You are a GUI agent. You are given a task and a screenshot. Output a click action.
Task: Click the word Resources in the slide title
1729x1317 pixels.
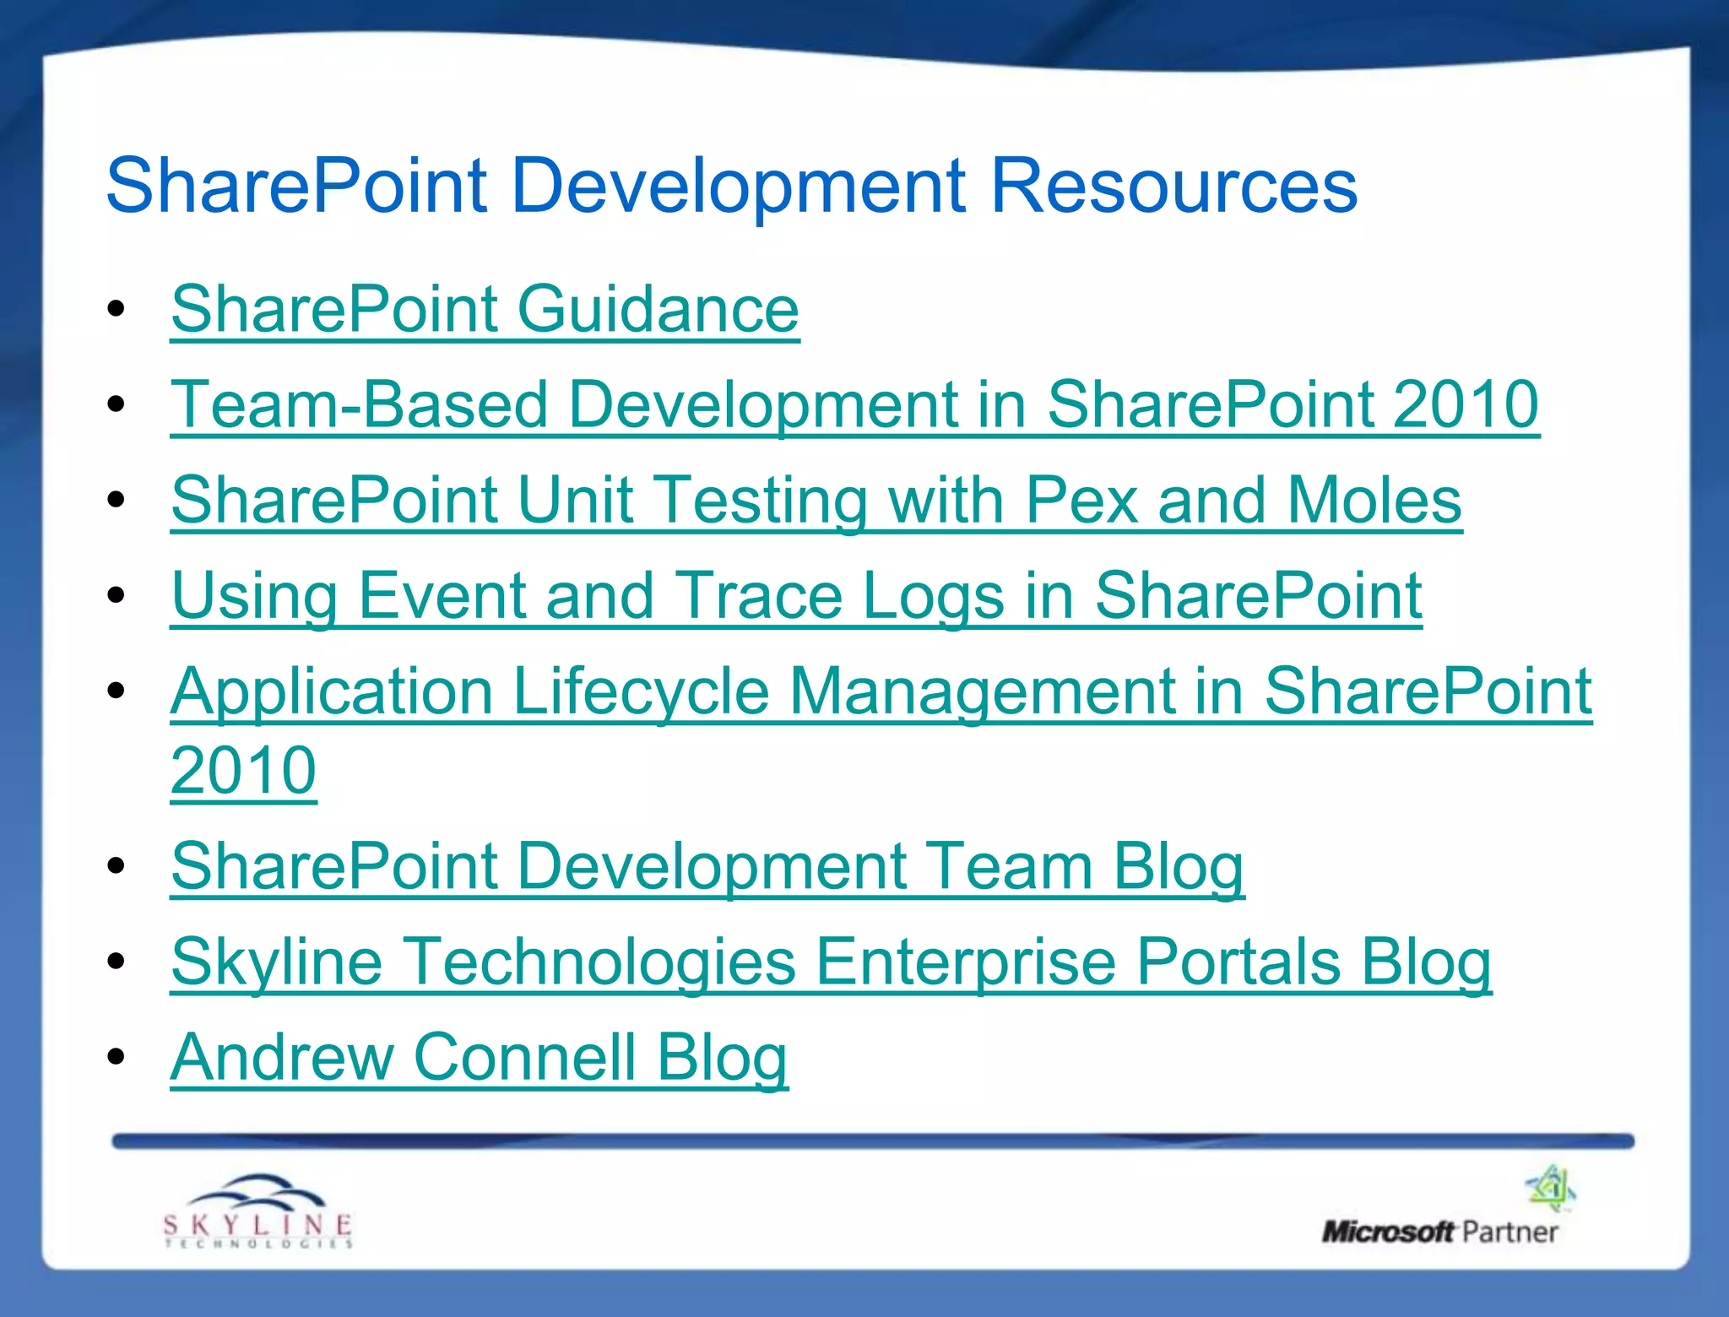pyautogui.click(x=1173, y=185)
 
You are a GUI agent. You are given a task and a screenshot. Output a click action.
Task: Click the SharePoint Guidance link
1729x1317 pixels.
pyautogui.click(x=485, y=309)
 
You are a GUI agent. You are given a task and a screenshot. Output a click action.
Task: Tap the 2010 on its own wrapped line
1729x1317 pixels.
pyautogui.click(x=243, y=770)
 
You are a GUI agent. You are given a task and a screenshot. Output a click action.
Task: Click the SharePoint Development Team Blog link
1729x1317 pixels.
pyautogui.click(x=707, y=866)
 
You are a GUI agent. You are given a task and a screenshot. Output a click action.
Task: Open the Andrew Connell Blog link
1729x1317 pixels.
pyautogui.click(x=479, y=1057)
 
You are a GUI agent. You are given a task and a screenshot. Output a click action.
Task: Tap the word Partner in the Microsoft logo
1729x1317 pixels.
pyautogui.click(x=1509, y=1233)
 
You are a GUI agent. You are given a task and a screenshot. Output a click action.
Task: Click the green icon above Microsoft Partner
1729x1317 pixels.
pyautogui.click(x=1551, y=1188)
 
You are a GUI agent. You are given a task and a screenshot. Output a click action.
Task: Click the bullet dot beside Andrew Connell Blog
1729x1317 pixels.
pyautogui.click(x=117, y=1056)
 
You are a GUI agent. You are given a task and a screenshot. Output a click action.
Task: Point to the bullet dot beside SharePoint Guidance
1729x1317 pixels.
pyautogui.click(x=117, y=308)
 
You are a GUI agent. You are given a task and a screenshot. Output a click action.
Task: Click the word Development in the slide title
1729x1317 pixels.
pyautogui.click(x=739, y=185)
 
